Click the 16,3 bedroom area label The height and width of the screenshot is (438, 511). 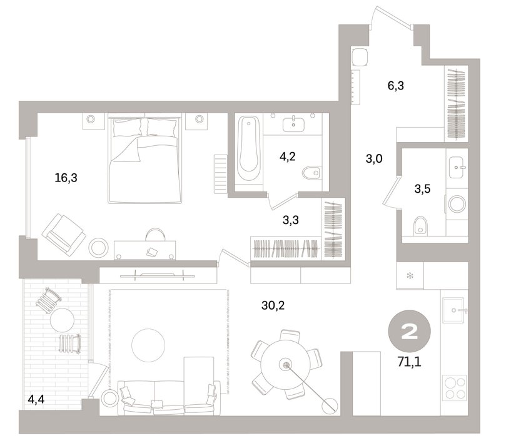(x=66, y=178)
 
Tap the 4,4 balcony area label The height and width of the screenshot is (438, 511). (x=36, y=399)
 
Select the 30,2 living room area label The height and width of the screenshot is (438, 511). (x=273, y=305)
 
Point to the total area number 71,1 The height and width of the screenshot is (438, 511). (x=409, y=362)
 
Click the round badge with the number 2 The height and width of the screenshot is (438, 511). (x=409, y=332)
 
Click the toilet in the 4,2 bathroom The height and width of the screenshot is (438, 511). (x=312, y=173)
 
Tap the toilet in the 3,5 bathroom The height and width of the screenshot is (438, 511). (x=420, y=226)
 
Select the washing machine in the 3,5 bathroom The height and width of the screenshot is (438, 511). (x=457, y=204)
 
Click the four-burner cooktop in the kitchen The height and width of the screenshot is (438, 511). (x=455, y=388)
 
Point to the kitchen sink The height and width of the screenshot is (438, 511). (x=453, y=310)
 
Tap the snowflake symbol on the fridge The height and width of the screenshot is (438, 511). (x=410, y=276)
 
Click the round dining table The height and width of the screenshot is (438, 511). (x=286, y=364)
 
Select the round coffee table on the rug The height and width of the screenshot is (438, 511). (x=148, y=345)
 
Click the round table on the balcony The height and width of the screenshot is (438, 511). (x=62, y=320)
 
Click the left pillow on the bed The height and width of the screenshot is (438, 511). (x=128, y=128)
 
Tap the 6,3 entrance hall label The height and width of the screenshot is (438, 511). (x=396, y=86)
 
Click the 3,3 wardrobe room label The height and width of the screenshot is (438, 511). (x=291, y=220)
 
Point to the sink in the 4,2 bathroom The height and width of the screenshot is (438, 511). (x=293, y=125)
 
